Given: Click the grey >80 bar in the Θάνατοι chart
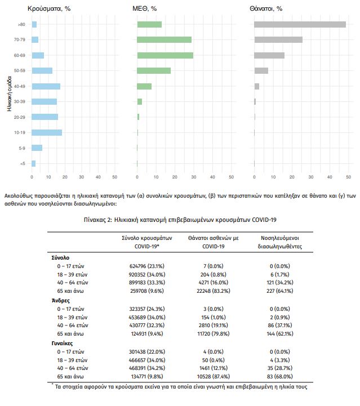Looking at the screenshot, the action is click(300, 24).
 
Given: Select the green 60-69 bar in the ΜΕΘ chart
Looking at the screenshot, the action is click(165, 55).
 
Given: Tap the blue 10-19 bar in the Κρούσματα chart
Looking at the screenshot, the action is click(47, 132).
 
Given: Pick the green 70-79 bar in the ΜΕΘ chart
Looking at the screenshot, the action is click(164, 39).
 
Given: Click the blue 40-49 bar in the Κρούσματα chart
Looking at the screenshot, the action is click(46, 86).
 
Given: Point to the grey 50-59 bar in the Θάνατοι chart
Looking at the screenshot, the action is click(261, 70).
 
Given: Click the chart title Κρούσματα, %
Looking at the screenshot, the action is click(49, 8).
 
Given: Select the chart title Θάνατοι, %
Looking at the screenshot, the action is click(266, 8).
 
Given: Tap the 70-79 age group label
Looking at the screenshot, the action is click(20, 39).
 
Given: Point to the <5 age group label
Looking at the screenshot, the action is click(23, 163).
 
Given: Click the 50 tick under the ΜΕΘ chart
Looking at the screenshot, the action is click(232, 177).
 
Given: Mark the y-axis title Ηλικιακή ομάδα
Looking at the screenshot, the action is click(10, 93).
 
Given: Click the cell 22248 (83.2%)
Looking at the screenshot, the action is click(214, 291).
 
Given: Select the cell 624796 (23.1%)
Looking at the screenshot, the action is click(147, 266).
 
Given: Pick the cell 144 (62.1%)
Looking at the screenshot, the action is click(280, 333).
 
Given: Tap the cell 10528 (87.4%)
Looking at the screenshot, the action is click(214, 376).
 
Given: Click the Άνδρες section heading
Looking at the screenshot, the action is click(61, 301).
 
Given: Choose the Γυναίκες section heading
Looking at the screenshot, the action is click(62, 343).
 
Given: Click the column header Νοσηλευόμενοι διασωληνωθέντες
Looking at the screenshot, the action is click(280, 242).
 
